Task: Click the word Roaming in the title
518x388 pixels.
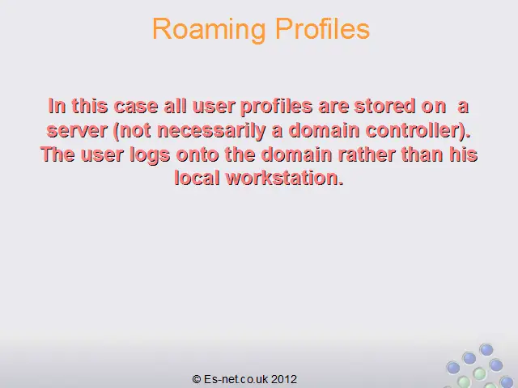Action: coord(209,30)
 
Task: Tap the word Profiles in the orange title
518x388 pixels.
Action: coord(322,29)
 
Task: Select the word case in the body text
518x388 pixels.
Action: coord(136,106)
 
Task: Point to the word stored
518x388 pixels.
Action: coord(384,106)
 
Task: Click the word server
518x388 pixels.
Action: coord(77,130)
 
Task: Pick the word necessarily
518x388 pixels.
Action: coord(210,131)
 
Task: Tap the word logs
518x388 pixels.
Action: coord(150,154)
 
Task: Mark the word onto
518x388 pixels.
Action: coord(197,154)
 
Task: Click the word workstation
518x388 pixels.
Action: coord(285,178)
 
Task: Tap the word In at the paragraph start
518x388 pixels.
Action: coord(57,106)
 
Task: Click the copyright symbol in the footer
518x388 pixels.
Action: coord(197,379)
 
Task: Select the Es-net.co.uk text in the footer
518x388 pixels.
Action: coord(236,379)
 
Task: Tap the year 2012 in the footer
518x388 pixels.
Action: coord(284,379)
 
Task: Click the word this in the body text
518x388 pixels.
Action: coord(90,106)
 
